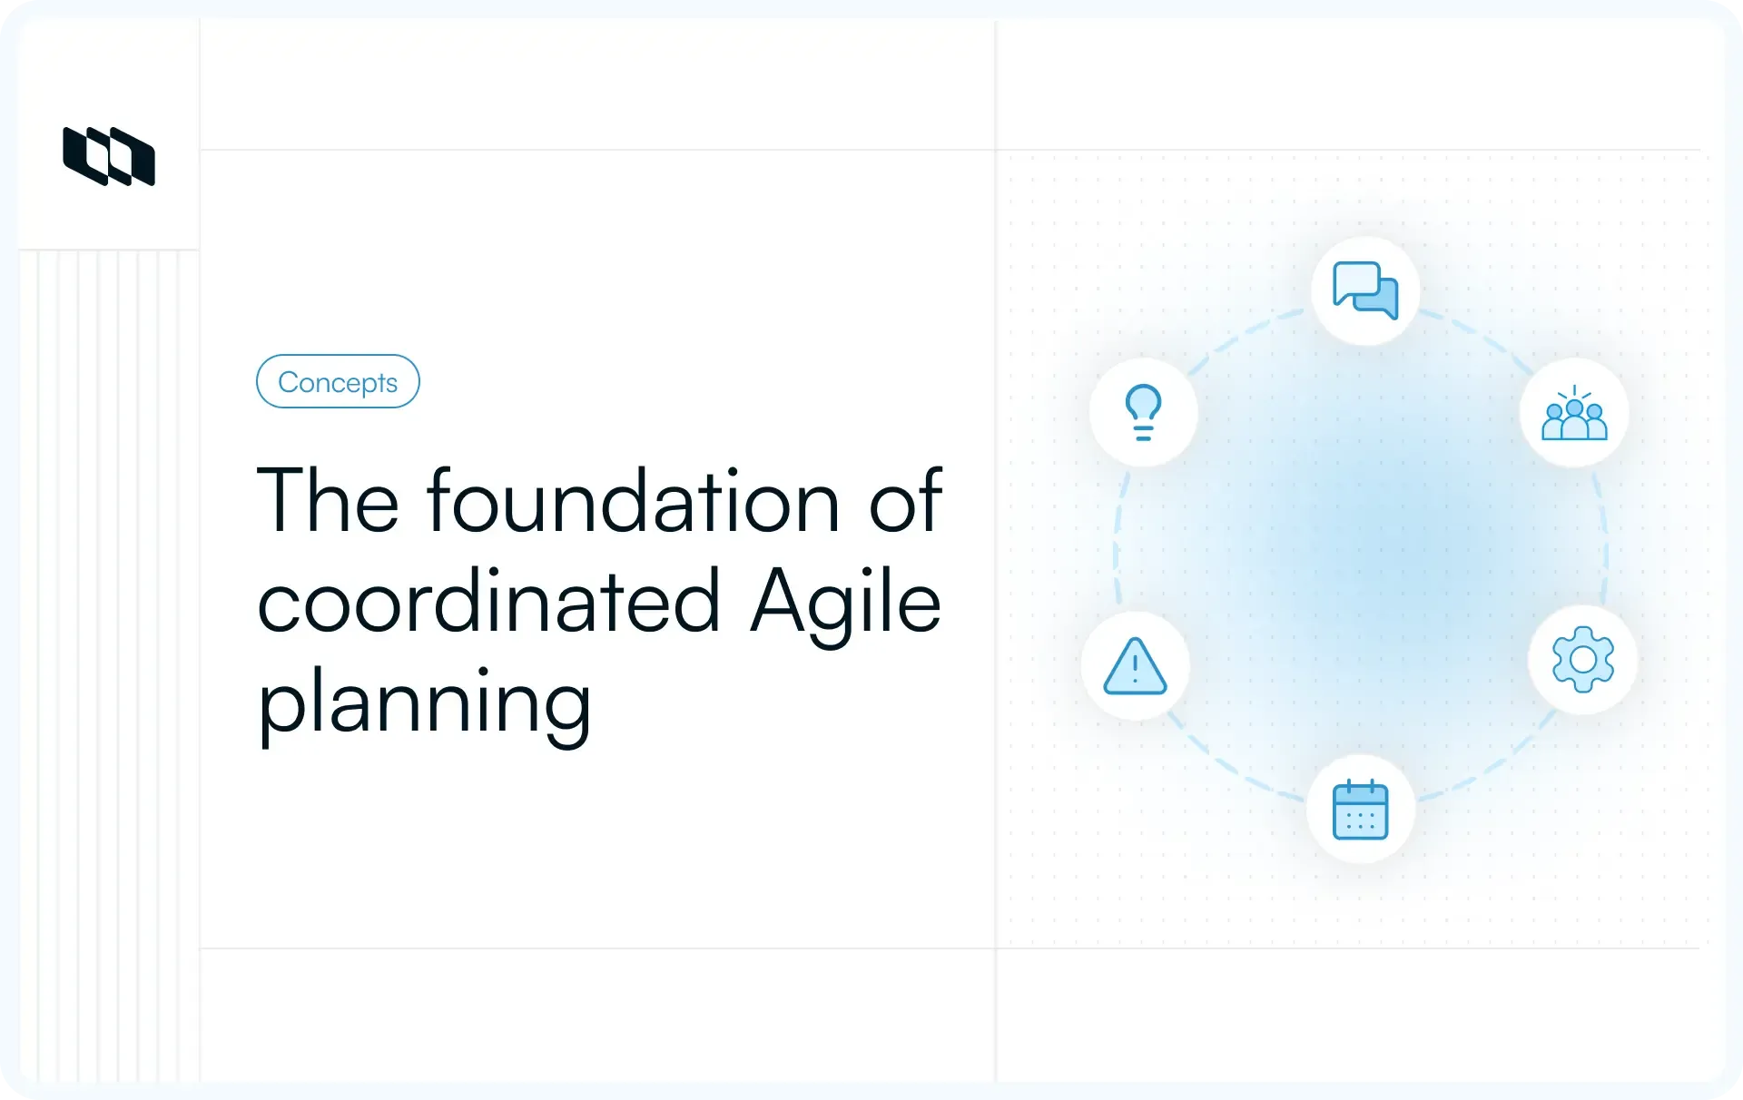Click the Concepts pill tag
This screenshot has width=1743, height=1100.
coord(338,381)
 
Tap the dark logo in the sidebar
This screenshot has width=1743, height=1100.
coord(109,156)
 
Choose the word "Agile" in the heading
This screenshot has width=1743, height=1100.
coord(845,603)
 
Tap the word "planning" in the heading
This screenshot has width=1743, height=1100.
coord(425,704)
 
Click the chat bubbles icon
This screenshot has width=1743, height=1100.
coord(1365,290)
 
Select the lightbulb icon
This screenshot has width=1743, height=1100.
coord(1143,413)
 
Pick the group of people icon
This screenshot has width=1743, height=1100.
coord(1574,414)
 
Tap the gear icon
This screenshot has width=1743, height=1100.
coord(1583,660)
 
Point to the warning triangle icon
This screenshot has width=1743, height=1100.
coord(1135,666)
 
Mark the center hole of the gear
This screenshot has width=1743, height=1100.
coord(1583,660)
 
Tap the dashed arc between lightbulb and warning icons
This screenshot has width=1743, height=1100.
coord(1118,540)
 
